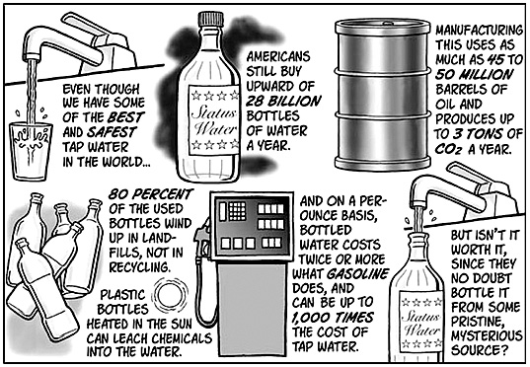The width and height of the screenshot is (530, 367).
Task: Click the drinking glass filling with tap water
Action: (31, 151)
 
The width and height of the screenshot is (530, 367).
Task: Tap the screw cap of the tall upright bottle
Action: (210, 19)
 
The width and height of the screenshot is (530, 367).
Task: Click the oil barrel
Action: (383, 95)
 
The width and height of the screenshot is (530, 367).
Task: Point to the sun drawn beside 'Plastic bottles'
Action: (172, 295)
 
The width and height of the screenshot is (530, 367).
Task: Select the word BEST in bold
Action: (126, 117)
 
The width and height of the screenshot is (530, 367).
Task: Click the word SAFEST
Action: (112, 132)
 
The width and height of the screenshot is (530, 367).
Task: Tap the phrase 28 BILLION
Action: (283, 101)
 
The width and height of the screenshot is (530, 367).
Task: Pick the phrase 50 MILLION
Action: (474, 74)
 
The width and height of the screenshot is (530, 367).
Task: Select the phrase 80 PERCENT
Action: (151, 194)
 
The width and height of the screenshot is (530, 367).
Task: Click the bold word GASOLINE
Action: (357, 273)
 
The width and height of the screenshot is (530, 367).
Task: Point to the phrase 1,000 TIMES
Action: (333, 318)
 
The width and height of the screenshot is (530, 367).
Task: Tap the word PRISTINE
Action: (478, 322)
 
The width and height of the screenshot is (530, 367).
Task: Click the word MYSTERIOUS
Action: (487, 336)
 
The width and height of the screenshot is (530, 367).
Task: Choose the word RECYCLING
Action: (139, 267)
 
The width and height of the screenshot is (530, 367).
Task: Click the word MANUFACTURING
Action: (479, 31)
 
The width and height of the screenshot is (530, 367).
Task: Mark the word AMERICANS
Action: (278, 57)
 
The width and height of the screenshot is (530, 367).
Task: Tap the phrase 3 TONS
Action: (478, 134)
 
